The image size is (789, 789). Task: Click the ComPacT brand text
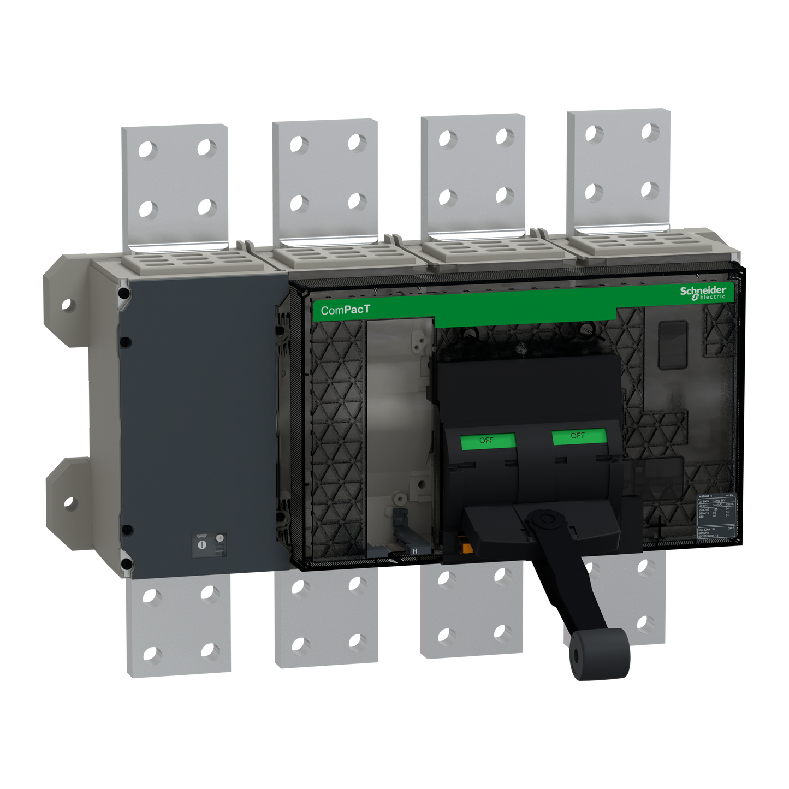pos(345,310)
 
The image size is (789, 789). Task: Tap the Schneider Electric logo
pos(703,292)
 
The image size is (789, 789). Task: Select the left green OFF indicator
pos(487,441)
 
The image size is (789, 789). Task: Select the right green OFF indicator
pos(578,436)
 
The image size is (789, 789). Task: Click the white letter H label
pos(414,551)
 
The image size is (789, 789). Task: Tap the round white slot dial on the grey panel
pos(201,545)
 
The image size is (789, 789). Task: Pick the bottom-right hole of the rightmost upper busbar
pos(650,191)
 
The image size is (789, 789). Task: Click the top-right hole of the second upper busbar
pos(357,143)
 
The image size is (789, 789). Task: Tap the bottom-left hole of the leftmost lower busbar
pos(153,653)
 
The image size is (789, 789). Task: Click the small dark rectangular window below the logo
pos(672,345)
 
